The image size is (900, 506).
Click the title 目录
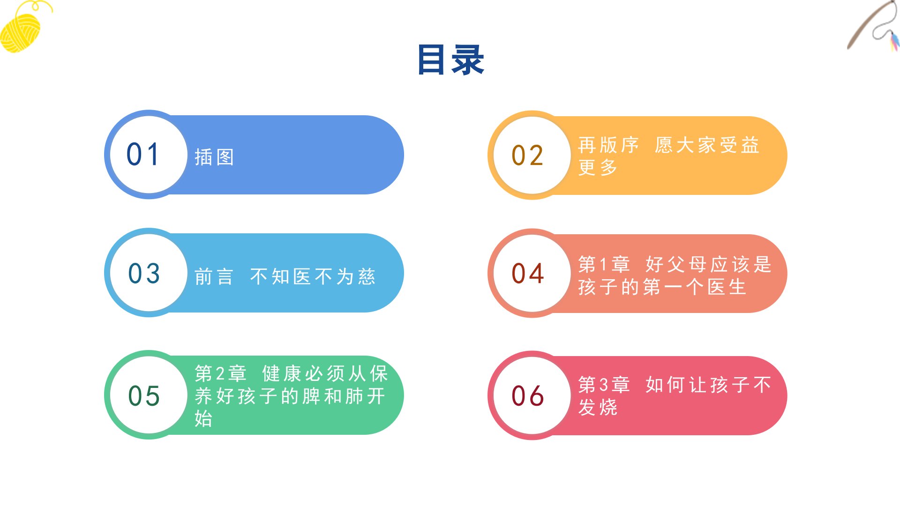pyautogui.click(x=450, y=60)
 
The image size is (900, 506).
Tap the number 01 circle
pyautogui.click(x=149, y=155)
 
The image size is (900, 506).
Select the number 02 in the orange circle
pyautogui.click(x=528, y=156)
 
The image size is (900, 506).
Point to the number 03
pyautogui.click(x=144, y=273)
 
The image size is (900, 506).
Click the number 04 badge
pyautogui.click(x=532, y=273)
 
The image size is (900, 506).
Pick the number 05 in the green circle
pyautogui.click(x=144, y=396)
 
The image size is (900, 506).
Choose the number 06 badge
pyautogui.click(x=532, y=395)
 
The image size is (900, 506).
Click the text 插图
pyautogui.click(x=215, y=157)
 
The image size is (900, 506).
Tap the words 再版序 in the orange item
pyautogui.click(x=608, y=145)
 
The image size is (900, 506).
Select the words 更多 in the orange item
pyautogui.click(x=598, y=167)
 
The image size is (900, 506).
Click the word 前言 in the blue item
pyautogui.click(x=214, y=276)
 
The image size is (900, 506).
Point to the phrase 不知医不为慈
pyautogui.click(x=313, y=276)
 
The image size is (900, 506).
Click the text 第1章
pyautogui.click(x=604, y=264)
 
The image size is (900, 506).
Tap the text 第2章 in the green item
pyautogui.click(x=221, y=373)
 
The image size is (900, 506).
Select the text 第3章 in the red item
pyautogui.click(x=604, y=385)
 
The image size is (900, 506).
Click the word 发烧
pyautogui.click(x=598, y=407)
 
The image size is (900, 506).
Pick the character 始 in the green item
pyautogui.click(x=204, y=418)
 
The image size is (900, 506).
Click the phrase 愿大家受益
pyautogui.click(x=707, y=145)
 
